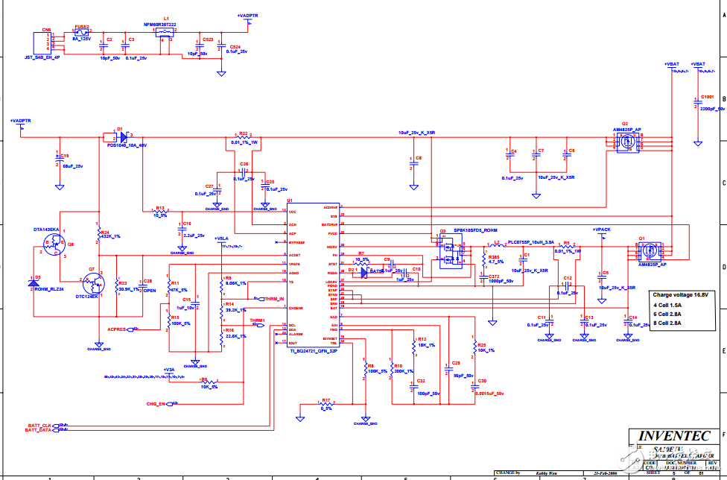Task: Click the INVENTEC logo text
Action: click(673, 437)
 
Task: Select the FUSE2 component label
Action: click(81, 27)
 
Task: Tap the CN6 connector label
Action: click(46, 30)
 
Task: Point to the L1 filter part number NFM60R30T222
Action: click(160, 25)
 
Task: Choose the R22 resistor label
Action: click(244, 133)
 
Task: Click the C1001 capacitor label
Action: click(707, 97)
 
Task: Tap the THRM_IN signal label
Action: click(275, 298)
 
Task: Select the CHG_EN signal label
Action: click(156, 403)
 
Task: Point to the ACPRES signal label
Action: click(117, 329)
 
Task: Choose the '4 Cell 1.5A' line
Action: click(667, 305)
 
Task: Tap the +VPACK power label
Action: click(601, 230)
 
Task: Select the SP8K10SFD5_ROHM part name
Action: click(475, 230)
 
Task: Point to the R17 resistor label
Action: click(326, 400)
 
